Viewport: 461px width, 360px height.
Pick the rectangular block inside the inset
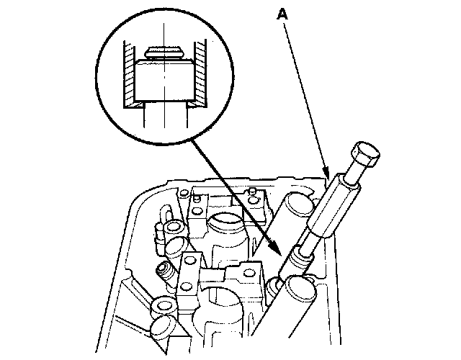click(x=164, y=80)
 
